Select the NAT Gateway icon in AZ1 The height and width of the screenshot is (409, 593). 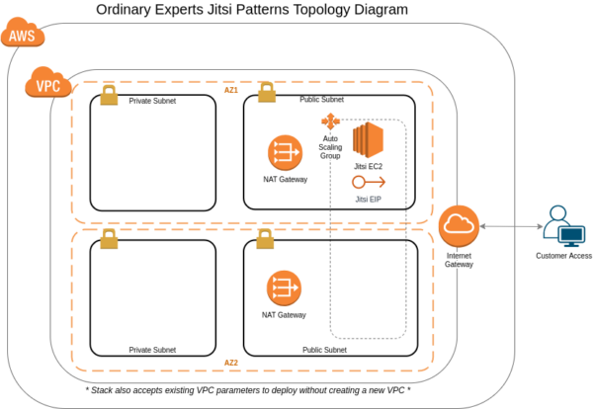285,153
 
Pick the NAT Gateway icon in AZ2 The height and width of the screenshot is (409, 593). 285,288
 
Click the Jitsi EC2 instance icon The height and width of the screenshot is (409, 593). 368,141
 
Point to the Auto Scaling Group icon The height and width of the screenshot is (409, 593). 330,122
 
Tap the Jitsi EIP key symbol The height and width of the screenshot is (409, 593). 368,183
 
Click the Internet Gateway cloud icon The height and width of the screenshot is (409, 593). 460,228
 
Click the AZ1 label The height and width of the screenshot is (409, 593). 231,90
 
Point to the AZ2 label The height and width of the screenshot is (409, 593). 231,363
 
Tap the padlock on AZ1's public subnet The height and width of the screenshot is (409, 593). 266,93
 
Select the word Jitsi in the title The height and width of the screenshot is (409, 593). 268,11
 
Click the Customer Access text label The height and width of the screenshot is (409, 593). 563,256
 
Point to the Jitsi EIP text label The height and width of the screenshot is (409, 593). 368,200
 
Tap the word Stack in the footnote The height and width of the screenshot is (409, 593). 107,390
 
